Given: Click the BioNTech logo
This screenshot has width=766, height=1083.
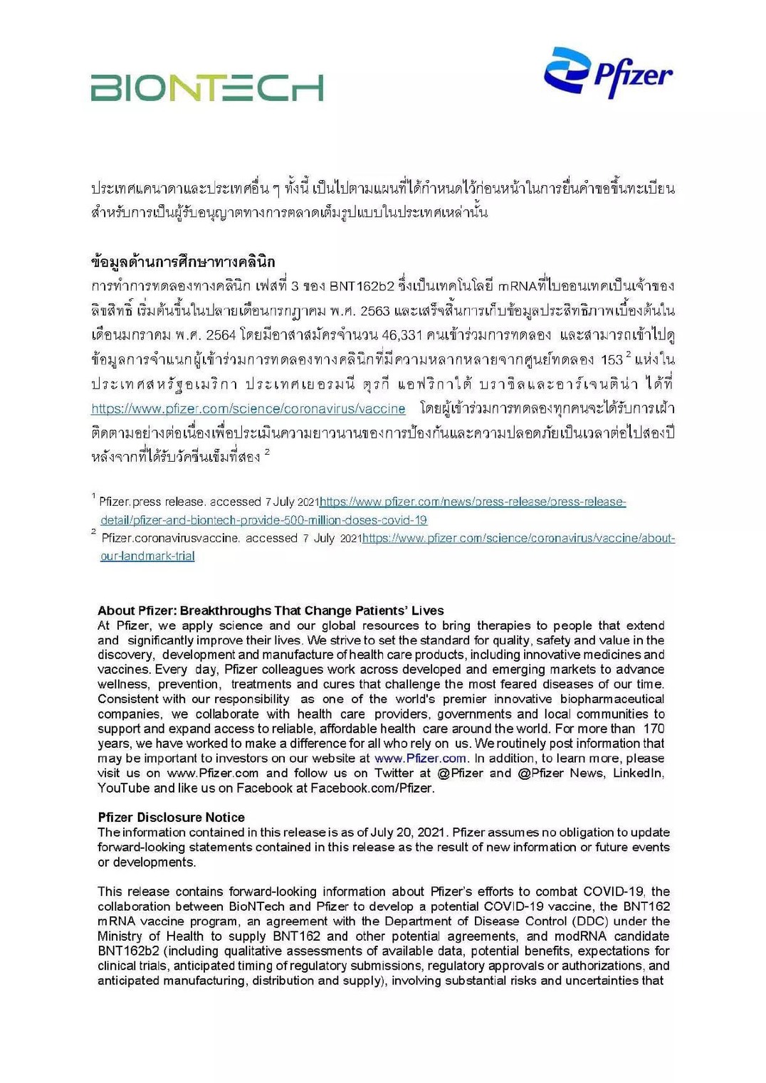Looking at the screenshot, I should [206, 88].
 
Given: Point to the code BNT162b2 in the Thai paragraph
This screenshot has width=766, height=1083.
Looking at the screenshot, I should [361, 286].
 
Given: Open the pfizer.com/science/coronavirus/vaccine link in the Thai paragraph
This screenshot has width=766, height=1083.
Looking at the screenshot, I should [248, 408].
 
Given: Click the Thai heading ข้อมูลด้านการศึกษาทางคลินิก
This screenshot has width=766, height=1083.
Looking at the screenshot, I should [183, 261].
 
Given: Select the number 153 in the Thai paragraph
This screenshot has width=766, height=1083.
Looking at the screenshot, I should [612, 359].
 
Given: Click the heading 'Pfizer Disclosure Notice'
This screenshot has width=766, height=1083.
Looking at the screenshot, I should [171, 817].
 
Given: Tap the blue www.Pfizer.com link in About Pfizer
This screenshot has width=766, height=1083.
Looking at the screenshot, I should [420, 758].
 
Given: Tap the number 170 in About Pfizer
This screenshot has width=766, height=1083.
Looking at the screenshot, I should [654, 728].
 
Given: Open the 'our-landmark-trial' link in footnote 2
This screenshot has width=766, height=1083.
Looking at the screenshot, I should [147, 556].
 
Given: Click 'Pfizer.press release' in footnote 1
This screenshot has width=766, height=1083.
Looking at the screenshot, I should [152, 502].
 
